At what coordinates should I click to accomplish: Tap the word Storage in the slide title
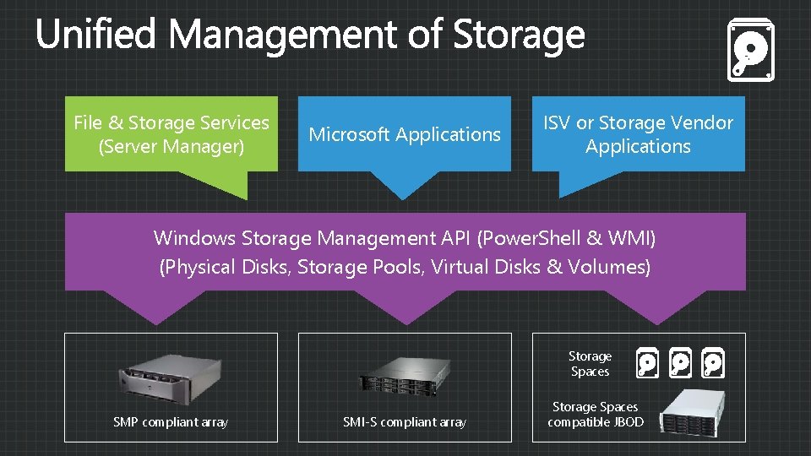click(518, 35)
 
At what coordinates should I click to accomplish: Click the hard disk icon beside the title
click(750, 52)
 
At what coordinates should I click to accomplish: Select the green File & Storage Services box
click(171, 134)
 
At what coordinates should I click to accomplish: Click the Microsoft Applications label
click(405, 134)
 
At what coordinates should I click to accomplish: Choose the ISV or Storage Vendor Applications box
click(638, 134)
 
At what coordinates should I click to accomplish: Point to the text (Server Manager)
click(171, 147)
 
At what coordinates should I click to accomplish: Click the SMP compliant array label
click(171, 421)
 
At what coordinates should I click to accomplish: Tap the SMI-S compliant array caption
click(405, 421)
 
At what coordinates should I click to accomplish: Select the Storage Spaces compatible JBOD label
click(596, 415)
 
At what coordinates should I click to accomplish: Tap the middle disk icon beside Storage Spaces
click(679, 363)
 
